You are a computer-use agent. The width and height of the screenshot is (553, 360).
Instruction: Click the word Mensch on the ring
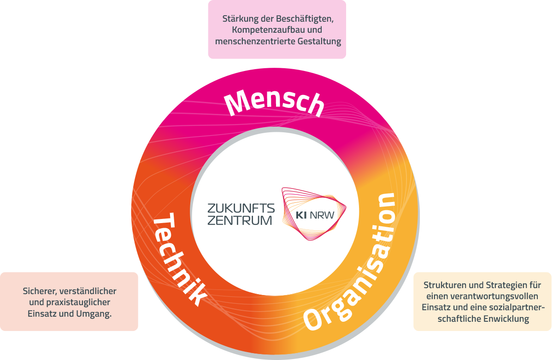pos(274,102)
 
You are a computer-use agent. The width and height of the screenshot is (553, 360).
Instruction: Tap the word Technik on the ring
pos(179,259)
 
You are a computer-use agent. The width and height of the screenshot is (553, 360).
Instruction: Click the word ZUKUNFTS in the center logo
pos(241,208)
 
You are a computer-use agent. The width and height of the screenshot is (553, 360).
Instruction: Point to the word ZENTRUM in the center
pos(240,220)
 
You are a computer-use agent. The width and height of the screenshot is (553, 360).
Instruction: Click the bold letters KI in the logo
pos(301,215)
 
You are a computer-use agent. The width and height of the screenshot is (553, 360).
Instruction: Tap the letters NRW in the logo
pos(322,215)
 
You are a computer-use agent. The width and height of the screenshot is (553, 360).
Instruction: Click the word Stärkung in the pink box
pos(240,19)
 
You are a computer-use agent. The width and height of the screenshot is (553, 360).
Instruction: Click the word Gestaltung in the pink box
pos(319,41)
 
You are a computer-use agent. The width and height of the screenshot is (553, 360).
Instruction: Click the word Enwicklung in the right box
pos(506,319)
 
